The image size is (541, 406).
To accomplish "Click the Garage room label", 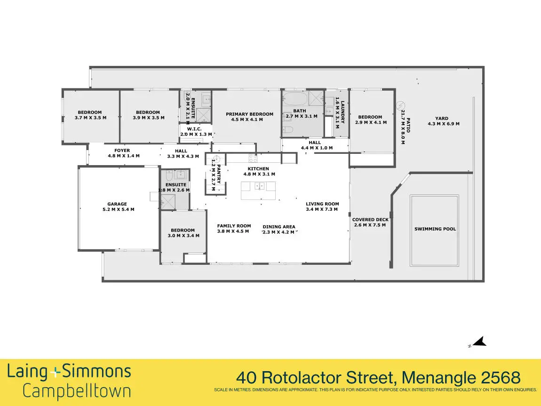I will (117, 204).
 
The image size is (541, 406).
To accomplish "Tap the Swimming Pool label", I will (435, 229).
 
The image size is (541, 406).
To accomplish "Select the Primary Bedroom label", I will (249, 114).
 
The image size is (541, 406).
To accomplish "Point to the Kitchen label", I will (258, 169).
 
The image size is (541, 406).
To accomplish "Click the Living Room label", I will (322, 204).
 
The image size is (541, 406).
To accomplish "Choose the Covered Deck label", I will (370, 220).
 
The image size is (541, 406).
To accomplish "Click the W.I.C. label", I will (194, 129).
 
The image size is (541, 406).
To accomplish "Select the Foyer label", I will (122, 151).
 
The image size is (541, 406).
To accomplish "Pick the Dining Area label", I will (279, 227).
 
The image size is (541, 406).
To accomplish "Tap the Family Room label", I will (234, 226).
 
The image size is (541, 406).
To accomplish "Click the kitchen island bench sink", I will (259, 186).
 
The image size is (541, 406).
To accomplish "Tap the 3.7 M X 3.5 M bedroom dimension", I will (90, 118).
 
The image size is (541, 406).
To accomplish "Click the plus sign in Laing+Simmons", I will (56, 373).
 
